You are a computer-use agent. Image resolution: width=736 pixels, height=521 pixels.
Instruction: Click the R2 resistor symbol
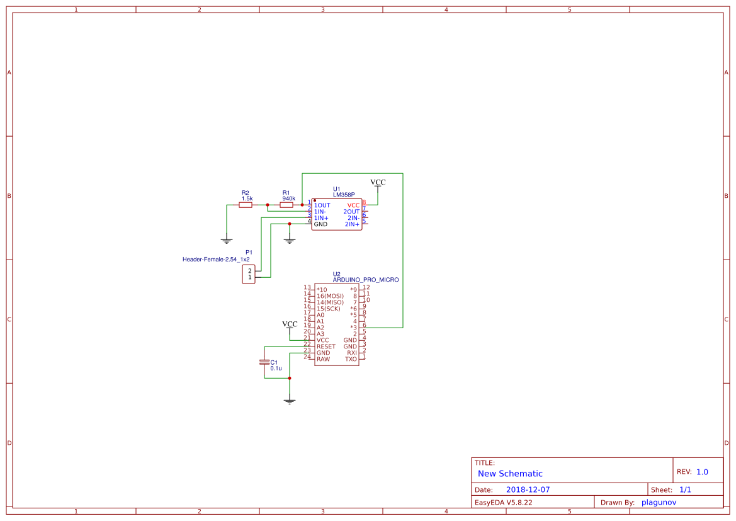point(246,205)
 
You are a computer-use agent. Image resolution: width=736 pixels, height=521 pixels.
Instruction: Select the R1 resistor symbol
point(286,205)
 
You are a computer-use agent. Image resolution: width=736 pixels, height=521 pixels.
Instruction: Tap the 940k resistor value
point(289,198)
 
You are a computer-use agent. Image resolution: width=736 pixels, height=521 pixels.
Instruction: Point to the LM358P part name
point(344,195)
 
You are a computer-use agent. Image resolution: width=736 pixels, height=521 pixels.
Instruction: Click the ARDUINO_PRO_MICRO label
point(366,280)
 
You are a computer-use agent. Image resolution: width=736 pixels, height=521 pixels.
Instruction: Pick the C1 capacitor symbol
point(264,362)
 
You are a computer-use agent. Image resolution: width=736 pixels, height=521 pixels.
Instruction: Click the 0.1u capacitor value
point(276,369)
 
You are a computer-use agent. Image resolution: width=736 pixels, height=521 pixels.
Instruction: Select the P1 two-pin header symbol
point(249,274)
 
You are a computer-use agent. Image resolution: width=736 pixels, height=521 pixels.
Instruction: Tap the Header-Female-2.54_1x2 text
point(216,260)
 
